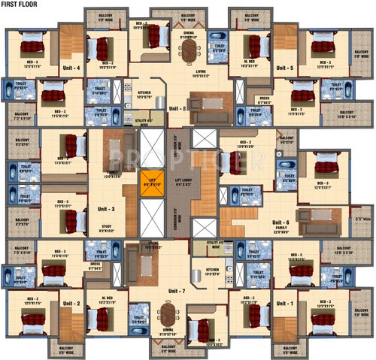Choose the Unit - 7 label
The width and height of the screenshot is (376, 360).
(177, 290)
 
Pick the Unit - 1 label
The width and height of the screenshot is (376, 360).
(285, 304)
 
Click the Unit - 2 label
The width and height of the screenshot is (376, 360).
(72, 304)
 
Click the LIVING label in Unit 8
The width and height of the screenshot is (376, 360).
(201, 74)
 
